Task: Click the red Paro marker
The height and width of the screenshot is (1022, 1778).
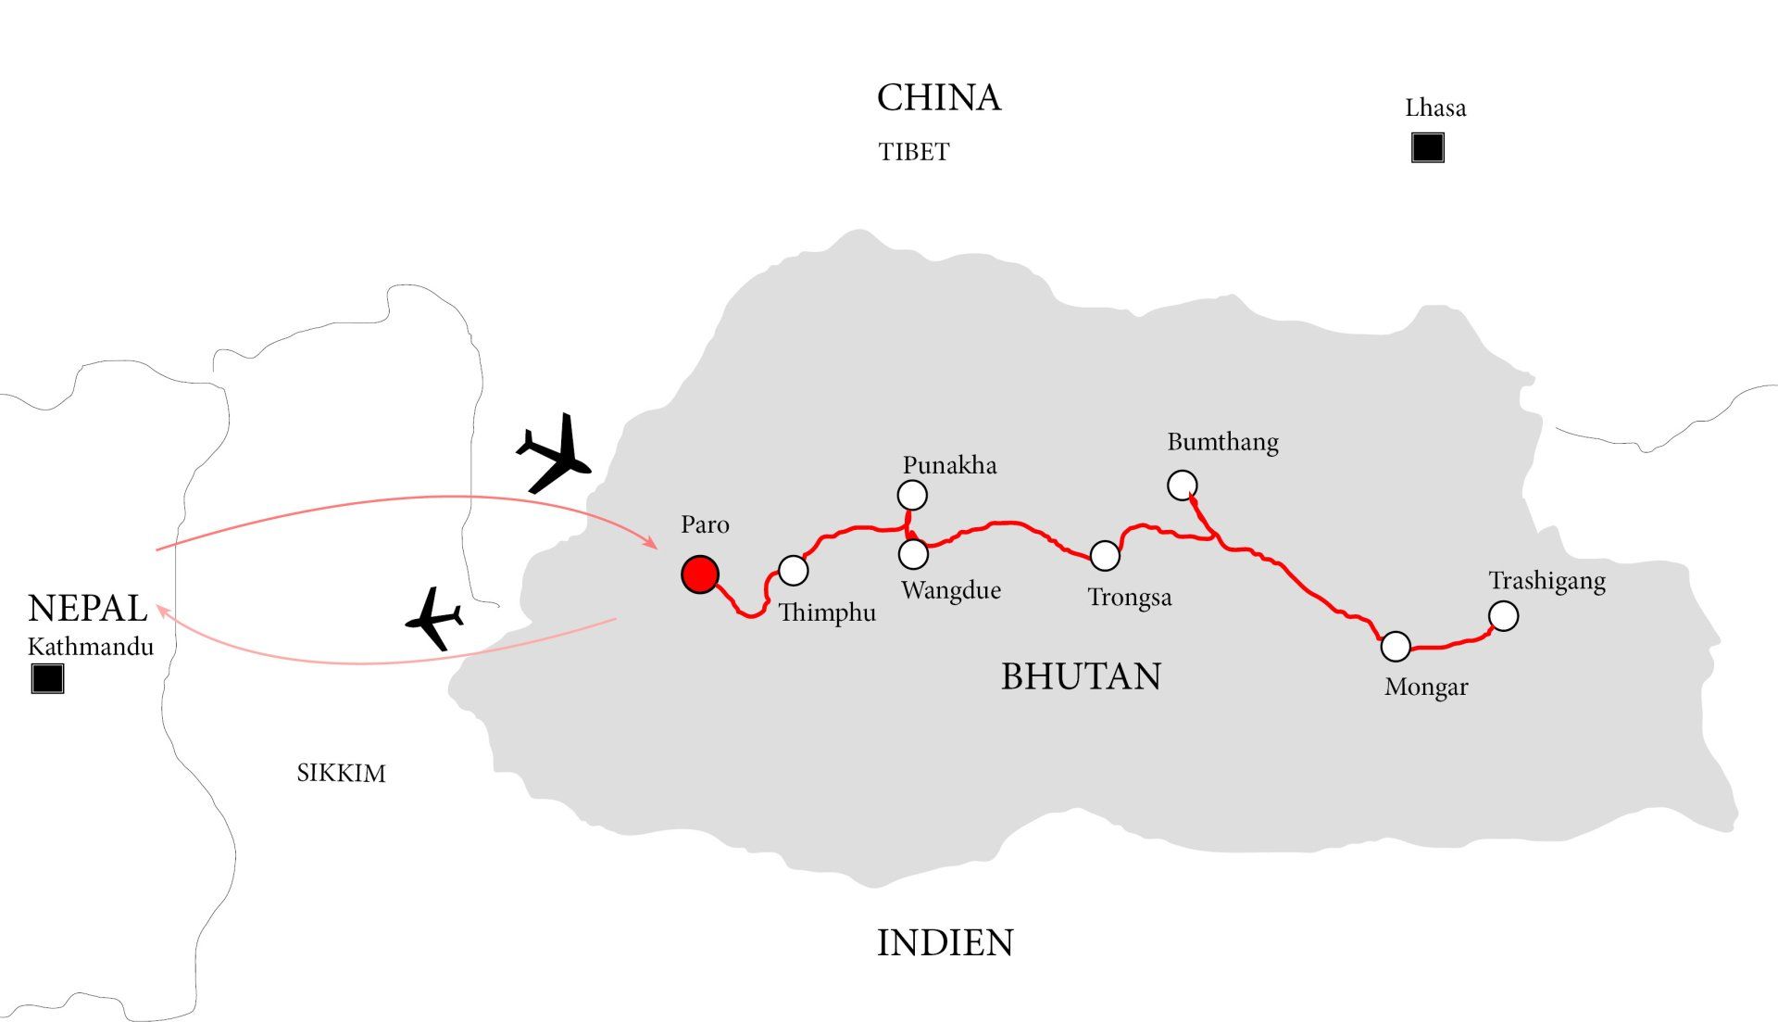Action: [x=700, y=574]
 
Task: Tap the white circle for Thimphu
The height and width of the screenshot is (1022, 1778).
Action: [x=794, y=571]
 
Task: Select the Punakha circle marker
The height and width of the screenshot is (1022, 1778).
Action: [x=912, y=496]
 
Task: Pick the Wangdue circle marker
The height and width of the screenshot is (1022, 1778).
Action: [x=913, y=554]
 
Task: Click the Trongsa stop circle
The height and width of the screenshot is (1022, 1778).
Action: [x=1105, y=556]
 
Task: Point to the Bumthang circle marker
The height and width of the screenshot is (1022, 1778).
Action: [x=1182, y=485]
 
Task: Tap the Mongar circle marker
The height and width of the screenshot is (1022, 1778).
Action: [x=1396, y=647]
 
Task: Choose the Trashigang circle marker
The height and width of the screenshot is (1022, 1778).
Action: [x=1504, y=616]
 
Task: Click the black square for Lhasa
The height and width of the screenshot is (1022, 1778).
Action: [x=1427, y=148]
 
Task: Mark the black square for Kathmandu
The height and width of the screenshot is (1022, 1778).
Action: [x=47, y=679]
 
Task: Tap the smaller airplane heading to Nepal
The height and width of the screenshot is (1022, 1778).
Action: [x=434, y=618]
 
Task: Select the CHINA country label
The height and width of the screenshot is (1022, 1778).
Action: [x=939, y=98]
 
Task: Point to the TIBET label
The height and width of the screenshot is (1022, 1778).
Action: [x=914, y=152]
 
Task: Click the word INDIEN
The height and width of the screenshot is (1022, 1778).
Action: [x=945, y=943]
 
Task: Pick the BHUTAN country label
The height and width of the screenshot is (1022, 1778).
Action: [x=1081, y=676]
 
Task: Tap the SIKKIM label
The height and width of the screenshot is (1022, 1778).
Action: [x=341, y=773]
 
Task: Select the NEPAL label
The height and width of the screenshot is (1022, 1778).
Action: [x=88, y=609]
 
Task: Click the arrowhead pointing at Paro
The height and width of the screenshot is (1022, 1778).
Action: [x=652, y=544]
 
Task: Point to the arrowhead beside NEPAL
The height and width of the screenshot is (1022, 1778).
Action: [x=162, y=612]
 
